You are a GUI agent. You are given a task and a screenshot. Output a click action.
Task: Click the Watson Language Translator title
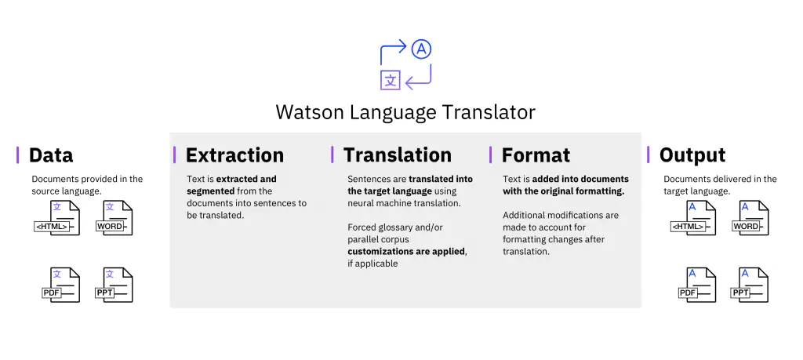click(405, 112)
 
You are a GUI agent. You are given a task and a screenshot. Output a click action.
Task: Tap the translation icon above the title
click(405, 65)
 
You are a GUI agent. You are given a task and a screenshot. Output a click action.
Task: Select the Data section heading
click(51, 155)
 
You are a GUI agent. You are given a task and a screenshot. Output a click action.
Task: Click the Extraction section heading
click(234, 155)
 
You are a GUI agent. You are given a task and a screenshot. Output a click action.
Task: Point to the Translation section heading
click(397, 155)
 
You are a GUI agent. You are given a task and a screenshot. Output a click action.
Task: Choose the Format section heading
click(536, 155)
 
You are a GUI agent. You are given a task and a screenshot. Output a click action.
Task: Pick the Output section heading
click(692, 155)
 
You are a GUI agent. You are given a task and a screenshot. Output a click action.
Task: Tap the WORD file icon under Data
click(115, 218)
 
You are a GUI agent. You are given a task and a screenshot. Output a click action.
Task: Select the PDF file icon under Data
click(60, 284)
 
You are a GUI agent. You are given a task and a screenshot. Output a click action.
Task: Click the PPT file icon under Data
click(114, 284)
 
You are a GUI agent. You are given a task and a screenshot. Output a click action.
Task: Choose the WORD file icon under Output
click(750, 218)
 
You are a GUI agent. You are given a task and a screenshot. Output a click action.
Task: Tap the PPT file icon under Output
click(750, 284)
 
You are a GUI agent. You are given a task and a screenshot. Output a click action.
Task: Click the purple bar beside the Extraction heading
click(175, 155)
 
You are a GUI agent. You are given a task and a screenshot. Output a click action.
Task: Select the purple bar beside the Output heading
click(649, 155)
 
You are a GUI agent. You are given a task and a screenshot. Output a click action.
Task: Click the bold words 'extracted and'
click(246, 179)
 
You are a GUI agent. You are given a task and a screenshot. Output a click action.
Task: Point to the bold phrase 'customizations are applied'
click(406, 252)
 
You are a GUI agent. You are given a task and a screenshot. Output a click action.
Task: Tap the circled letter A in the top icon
click(422, 50)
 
